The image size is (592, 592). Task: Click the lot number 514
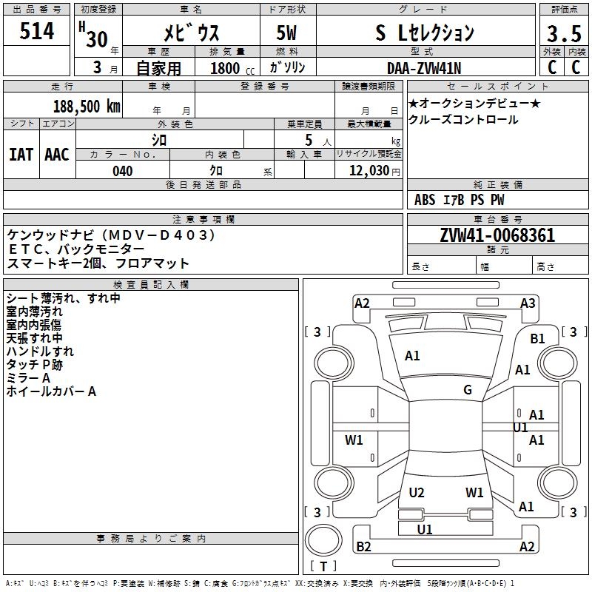(x=37, y=32)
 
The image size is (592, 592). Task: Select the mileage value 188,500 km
(x=87, y=106)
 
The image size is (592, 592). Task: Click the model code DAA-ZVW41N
(x=424, y=68)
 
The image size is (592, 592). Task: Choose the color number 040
(x=122, y=171)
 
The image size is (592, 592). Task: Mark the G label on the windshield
(x=468, y=390)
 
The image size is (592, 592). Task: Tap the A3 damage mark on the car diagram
(x=528, y=303)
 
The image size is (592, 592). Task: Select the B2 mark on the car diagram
(x=363, y=547)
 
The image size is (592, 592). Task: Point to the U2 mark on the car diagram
(x=417, y=492)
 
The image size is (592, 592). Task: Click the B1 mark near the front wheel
(x=537, y=338)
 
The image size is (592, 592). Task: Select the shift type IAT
(x=21, y=154)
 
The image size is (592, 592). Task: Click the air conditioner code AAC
(x=57, y=154)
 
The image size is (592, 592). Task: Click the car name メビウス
(x=190, y=33)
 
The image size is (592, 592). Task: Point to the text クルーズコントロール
(x=463, y=120)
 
